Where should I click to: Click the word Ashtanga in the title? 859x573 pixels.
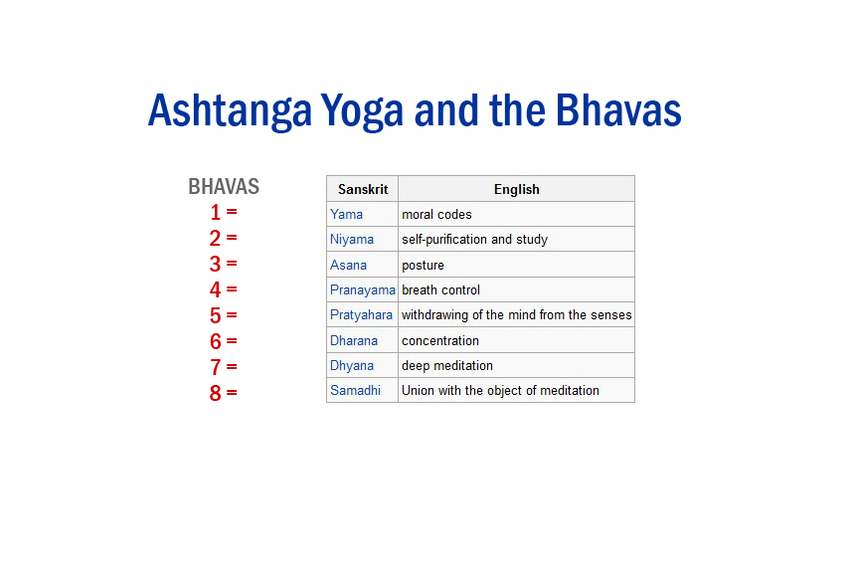[x=230, y=111]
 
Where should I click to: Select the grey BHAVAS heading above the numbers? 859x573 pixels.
[x=224, y=187]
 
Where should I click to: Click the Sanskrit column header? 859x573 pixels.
[x=363, y=189]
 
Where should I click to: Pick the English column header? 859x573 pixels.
[x=516, y=189]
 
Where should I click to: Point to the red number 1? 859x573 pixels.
[x=216, y=212]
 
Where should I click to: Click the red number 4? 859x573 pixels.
[x=216, y=289]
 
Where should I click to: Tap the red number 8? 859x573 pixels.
[x=216, y=393]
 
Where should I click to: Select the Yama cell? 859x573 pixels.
[x=347, y=214]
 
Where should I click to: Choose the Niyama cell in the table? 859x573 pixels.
[x=352, y=240]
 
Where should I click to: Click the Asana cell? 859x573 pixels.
[x=349, y=265]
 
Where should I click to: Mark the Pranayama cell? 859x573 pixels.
[x=363, y=289]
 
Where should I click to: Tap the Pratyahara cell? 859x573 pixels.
[x=362, y=315]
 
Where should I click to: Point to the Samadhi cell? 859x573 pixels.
[x=356, y=391]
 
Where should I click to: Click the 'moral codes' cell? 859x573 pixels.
[x=436, y=214]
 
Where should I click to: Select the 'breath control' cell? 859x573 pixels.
[x=440, y=289]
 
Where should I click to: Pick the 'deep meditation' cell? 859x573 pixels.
[x=447, y=366]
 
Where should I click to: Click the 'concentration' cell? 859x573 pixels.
[x=440, y=340]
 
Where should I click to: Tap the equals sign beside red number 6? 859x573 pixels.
[x=232, y=341]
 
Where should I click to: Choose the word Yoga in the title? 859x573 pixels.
[x=362, y=111]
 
